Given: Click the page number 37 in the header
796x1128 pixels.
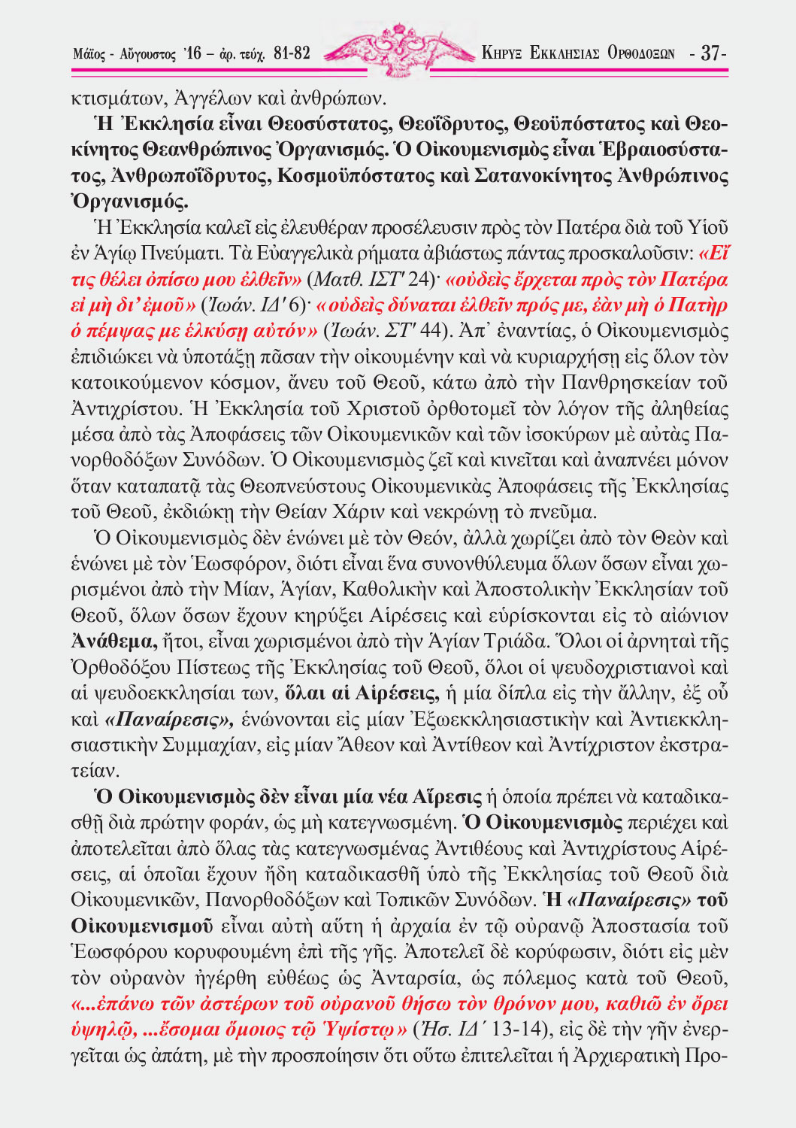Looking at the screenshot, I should pyautogui.click(x=710, y=53).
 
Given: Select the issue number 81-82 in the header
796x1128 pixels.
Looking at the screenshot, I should pyautogui.click(x=292, y=53).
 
